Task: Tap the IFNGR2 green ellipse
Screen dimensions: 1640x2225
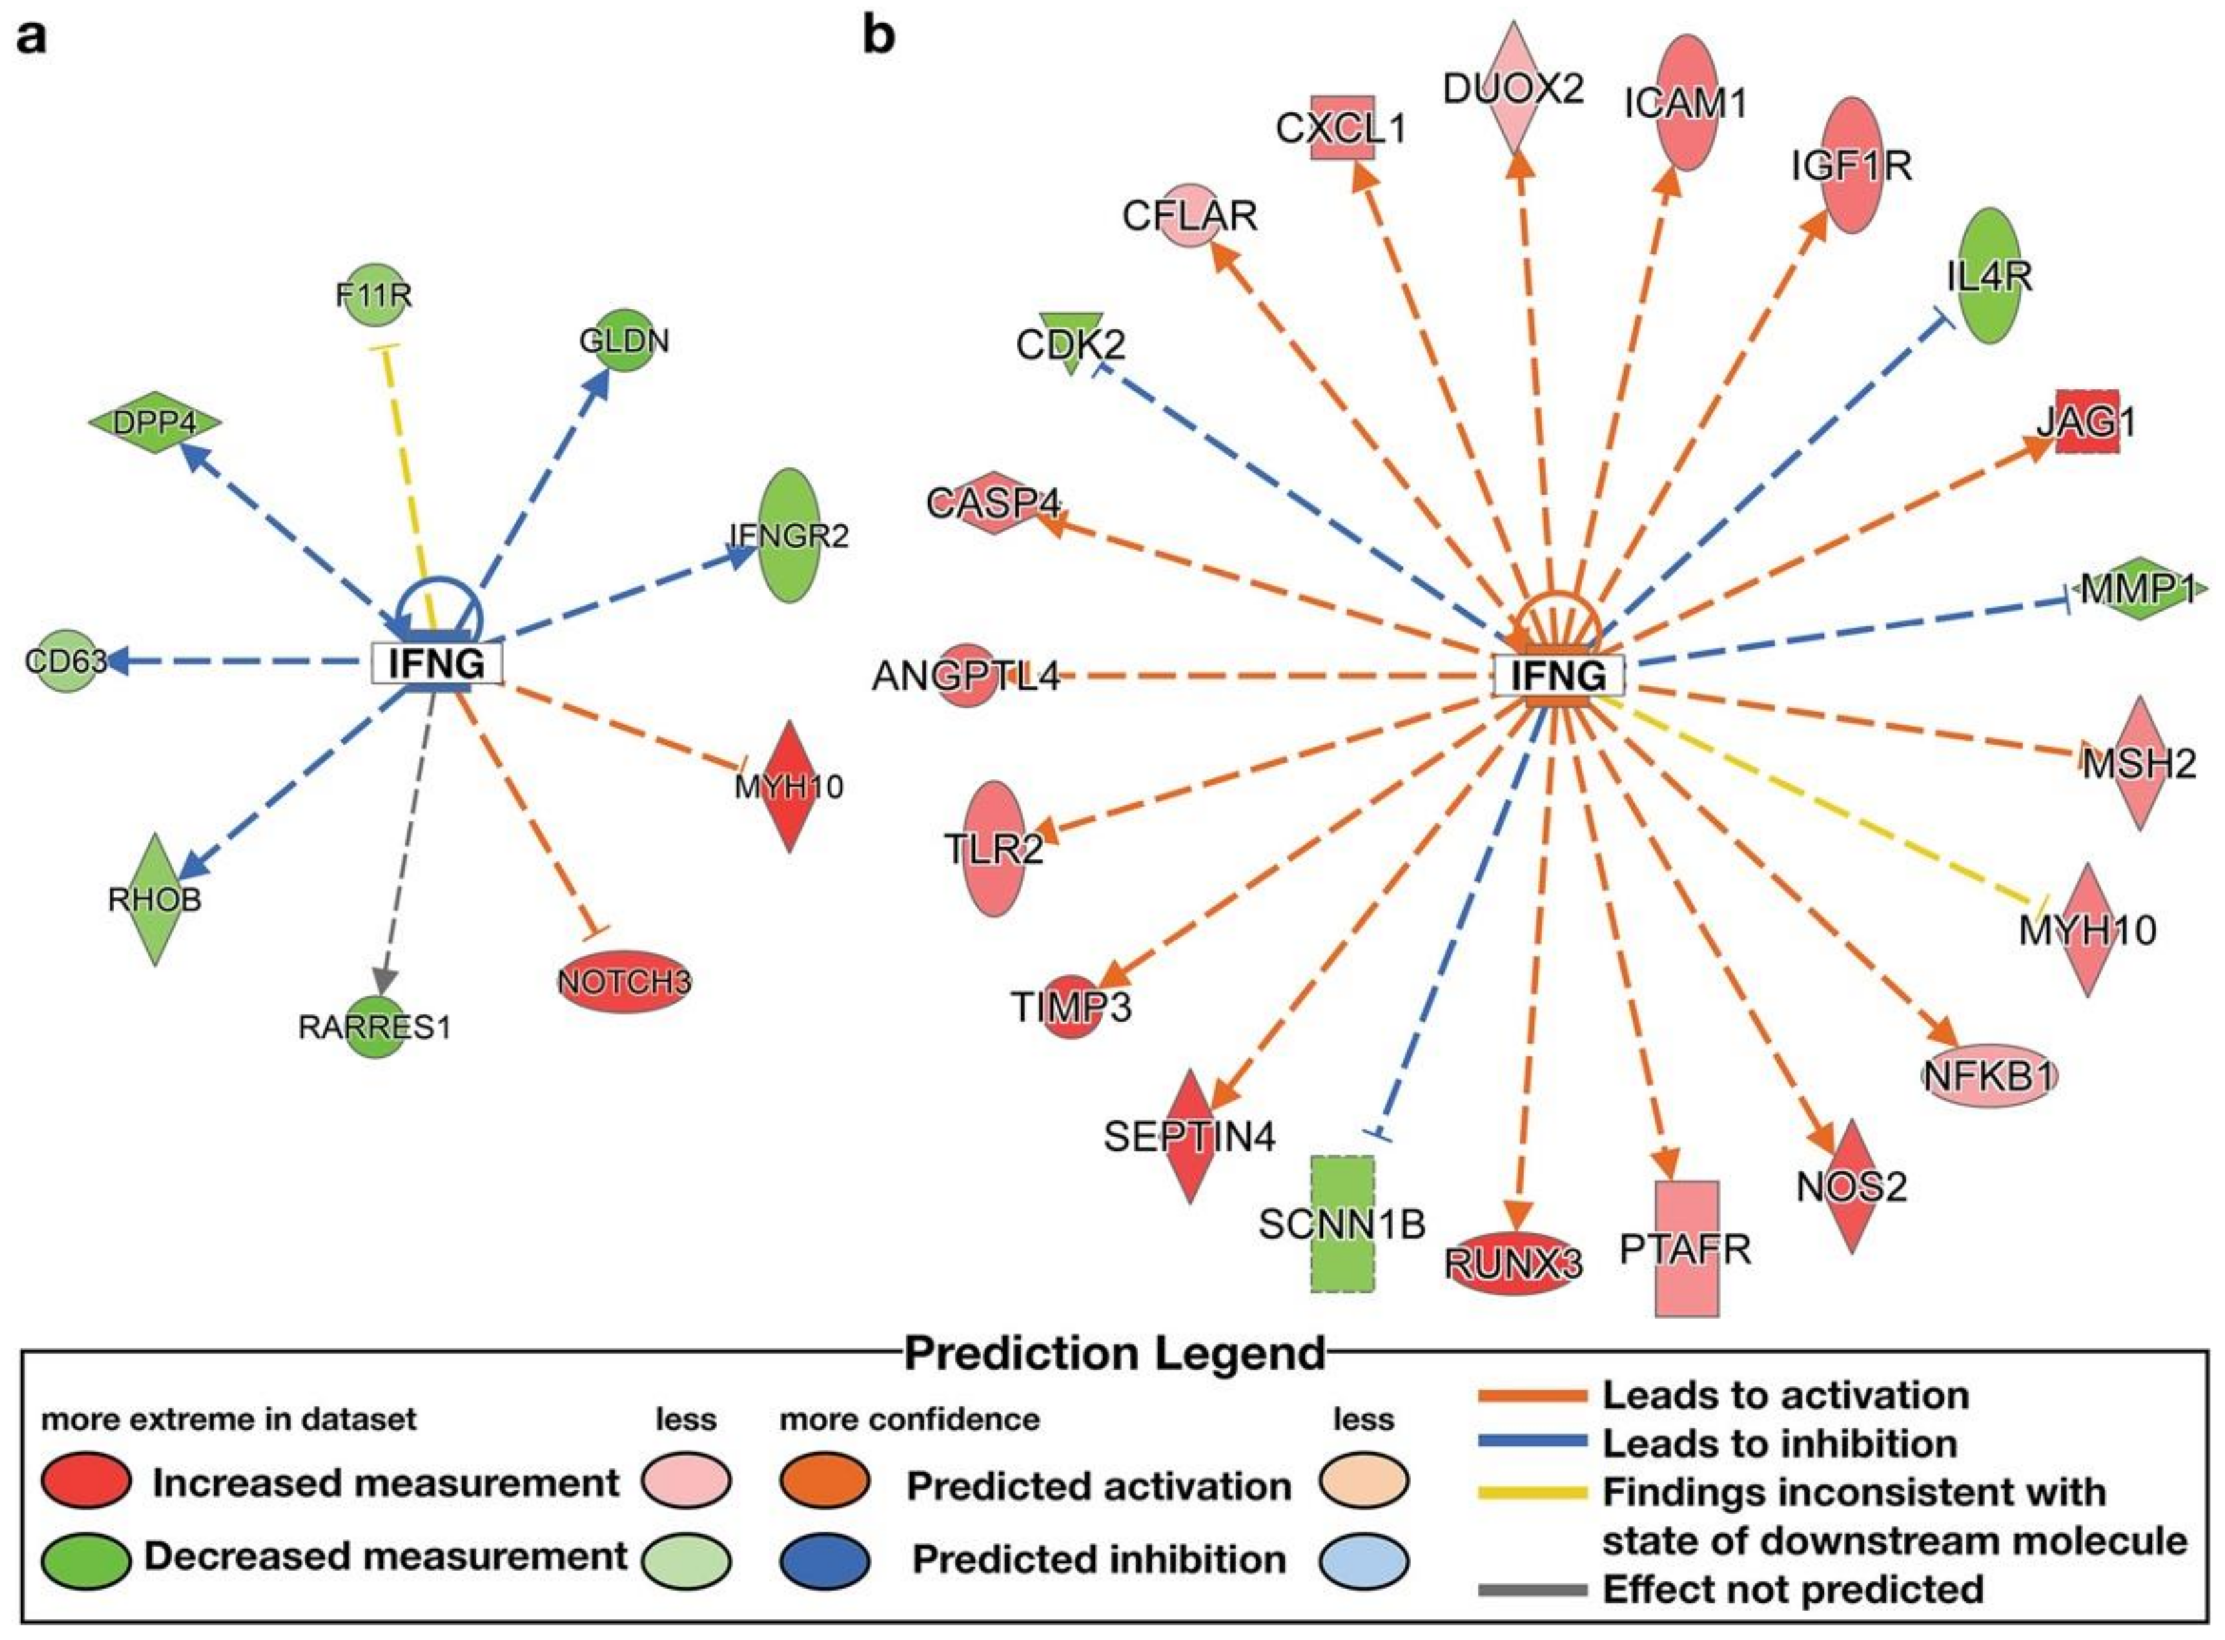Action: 790,535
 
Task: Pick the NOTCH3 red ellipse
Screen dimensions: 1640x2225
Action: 623,982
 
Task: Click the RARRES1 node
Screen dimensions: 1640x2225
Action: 375,1026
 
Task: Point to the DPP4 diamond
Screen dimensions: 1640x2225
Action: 154,423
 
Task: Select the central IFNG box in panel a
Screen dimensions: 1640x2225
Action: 437,663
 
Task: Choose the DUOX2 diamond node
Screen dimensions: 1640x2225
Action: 1513,90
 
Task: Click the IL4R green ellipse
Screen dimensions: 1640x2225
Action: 1989,276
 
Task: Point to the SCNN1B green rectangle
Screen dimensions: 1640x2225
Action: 1343,1224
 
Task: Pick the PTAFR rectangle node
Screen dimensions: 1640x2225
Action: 1686,1248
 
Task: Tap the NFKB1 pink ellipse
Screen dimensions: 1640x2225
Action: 1989,1075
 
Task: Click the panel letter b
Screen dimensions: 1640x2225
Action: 878,37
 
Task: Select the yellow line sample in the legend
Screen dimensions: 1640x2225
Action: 1533,1492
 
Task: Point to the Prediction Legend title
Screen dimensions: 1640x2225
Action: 1114,1353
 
